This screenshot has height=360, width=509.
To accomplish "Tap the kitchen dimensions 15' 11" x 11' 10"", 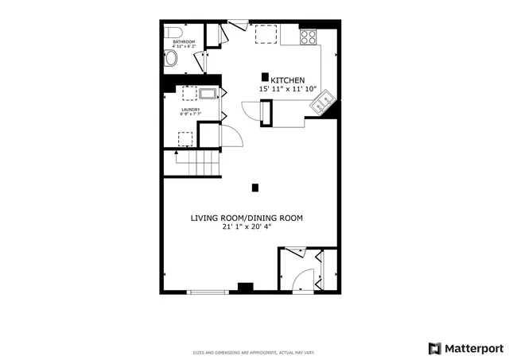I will [288, 90].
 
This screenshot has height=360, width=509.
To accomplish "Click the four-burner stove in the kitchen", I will [308, 37].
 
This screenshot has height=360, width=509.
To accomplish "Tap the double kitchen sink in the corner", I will [324, 102].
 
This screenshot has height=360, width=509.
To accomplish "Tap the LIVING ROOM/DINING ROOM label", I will [246, 217].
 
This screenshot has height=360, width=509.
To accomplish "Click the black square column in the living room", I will [255, 188].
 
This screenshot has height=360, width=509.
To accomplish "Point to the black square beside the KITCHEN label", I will [264, 76].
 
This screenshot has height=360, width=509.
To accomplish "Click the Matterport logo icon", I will [434, 348].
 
